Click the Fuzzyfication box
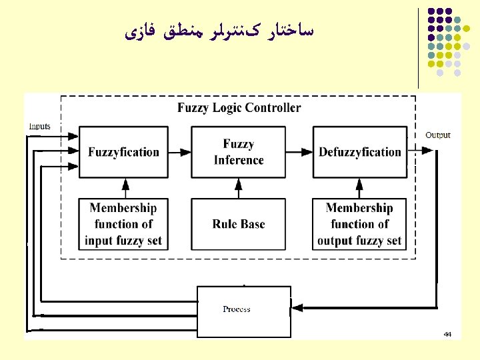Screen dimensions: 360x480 pos(123,152)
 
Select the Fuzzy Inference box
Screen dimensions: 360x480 pos(238,152)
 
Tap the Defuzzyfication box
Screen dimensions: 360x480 pos(360,152)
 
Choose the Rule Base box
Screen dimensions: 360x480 pos(238,224)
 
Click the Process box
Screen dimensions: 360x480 pos(243,309)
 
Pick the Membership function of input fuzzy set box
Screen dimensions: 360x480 pos(123,224)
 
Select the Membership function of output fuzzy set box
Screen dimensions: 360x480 pos(360,224)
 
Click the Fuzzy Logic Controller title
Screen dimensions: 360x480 pos(239,108)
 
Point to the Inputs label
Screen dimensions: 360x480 pos(39,126)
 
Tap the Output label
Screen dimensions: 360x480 pos(438,135)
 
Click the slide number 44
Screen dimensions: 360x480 pos(447,333)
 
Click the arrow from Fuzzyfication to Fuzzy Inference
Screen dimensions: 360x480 pos(179,152)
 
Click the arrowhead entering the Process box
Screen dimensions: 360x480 pos(297,309)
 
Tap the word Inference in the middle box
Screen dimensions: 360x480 pos(239,160)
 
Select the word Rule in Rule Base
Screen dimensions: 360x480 pos(225,224)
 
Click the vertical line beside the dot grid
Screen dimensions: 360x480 pos(419,47)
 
